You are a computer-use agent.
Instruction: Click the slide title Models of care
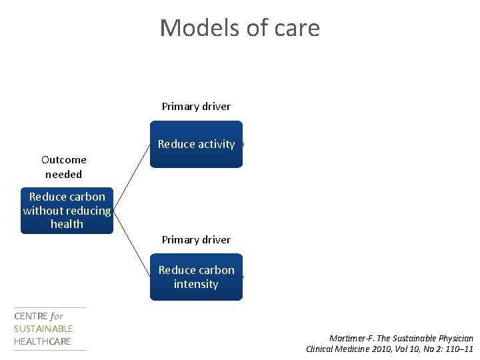240,28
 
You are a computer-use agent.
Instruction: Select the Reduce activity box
196,144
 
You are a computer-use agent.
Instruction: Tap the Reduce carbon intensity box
196,277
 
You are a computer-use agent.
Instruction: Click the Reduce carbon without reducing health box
67,210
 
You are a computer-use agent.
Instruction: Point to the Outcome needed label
63,167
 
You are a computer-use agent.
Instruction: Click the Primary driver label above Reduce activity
196,106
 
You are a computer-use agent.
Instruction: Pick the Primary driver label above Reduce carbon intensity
196,239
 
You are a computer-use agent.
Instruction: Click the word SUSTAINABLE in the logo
43,329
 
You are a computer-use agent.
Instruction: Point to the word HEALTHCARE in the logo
42,341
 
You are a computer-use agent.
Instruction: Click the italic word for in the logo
57,317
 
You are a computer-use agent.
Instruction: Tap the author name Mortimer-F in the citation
354,338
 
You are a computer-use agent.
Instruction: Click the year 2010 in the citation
381,349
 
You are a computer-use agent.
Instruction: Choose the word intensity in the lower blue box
196,284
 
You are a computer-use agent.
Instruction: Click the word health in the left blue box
67,224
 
